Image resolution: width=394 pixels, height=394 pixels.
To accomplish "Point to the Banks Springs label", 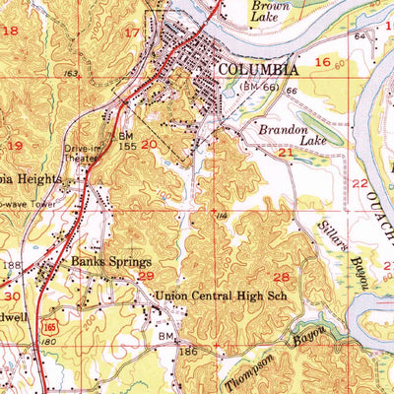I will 110,262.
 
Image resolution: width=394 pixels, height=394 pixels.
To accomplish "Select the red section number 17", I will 131,33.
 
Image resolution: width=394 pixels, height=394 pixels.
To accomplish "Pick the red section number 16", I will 320,62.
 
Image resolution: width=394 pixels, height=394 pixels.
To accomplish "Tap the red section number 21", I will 286,153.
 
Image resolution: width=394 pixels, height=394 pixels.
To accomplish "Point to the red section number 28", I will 282,277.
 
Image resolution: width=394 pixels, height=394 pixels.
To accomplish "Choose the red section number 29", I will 145,279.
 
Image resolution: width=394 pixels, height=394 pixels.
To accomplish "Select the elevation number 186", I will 188,351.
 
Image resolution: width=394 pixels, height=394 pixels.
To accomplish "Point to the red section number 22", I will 360,184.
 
